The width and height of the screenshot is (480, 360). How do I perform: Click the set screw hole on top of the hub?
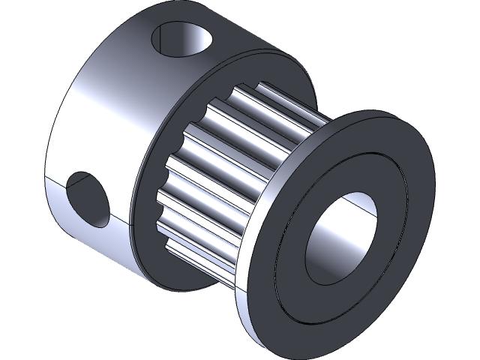tap(183, 40)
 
